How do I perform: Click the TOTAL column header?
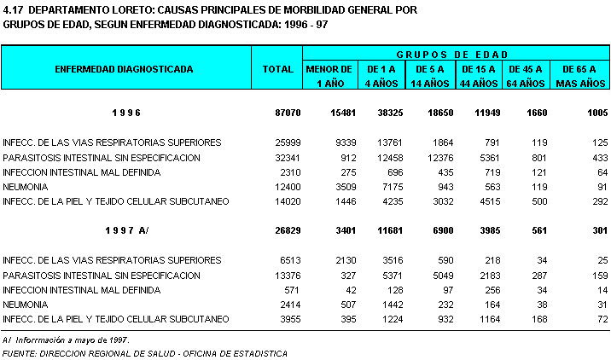point(278,68)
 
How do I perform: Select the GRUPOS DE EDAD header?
point(457,53)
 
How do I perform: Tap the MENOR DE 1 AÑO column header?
point(329,75)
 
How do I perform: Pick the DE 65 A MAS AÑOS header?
point(580,75)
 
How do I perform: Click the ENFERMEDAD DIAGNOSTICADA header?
point(124,68)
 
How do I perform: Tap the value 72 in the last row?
point(601,318)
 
